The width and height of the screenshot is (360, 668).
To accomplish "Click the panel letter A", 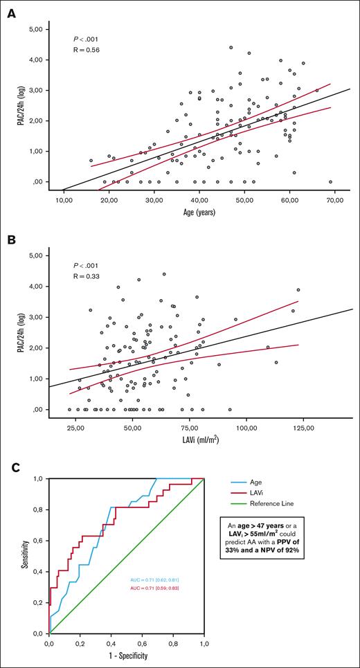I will coord(11,13).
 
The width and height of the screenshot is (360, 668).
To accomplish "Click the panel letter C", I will coord(11,469).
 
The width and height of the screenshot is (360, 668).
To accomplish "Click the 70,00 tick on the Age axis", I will coord(334,200).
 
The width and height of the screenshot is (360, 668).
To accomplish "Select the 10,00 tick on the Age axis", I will coord(64,200).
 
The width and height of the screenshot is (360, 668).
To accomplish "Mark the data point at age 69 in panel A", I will coord(330,182).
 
